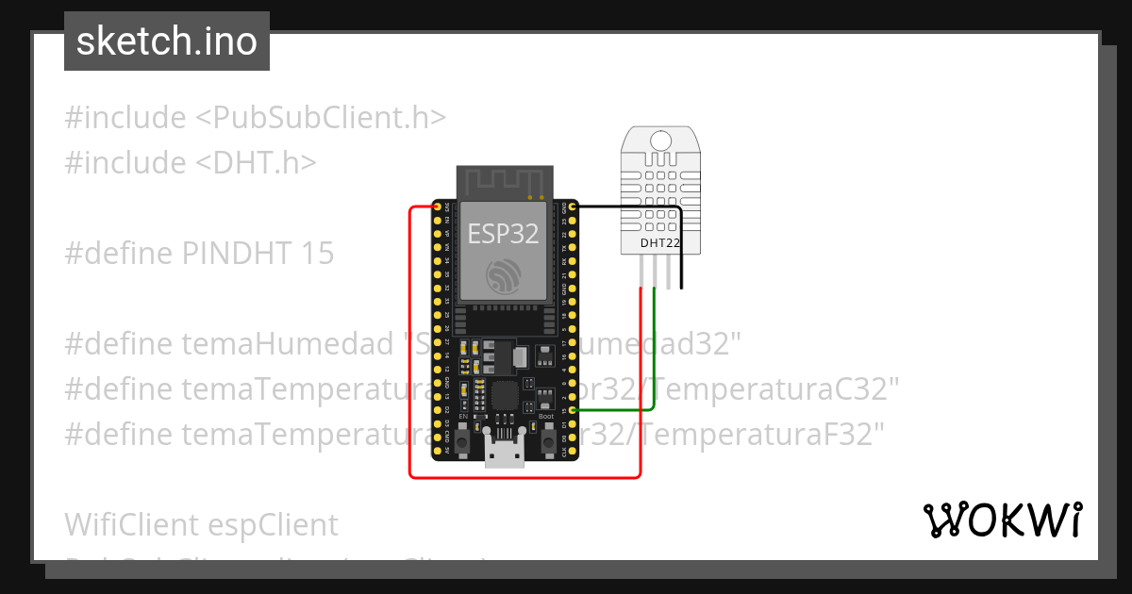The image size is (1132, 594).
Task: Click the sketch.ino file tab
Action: coord(167,41)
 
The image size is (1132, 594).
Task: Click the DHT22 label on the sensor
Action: coord(660,243)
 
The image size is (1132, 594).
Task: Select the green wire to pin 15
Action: coord(654,377)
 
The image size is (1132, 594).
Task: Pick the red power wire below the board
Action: coord(519,477)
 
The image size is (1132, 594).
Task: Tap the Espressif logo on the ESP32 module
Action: coord(504,275)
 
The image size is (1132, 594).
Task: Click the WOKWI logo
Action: coord(1002,520)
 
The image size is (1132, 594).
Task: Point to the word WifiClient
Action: coord(131,524)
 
